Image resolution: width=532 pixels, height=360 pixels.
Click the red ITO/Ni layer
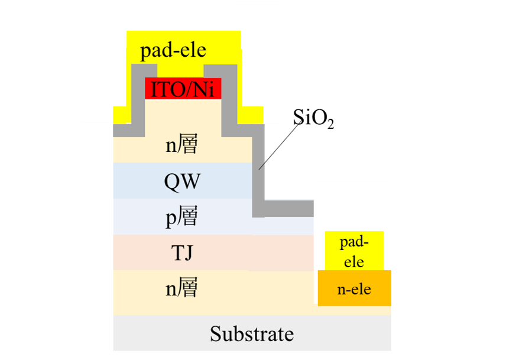point(183,89)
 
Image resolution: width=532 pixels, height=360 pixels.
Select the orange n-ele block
point(354,288)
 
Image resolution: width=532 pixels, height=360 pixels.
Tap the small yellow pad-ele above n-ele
point(354,251)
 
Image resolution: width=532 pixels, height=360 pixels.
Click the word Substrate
point(252,334)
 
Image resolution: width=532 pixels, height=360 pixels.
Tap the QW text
point(181,180)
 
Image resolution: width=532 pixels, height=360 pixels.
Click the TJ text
point(181,254)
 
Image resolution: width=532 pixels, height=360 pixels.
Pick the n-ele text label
point(354,289)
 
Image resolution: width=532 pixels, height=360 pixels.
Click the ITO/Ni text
point(183,89)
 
